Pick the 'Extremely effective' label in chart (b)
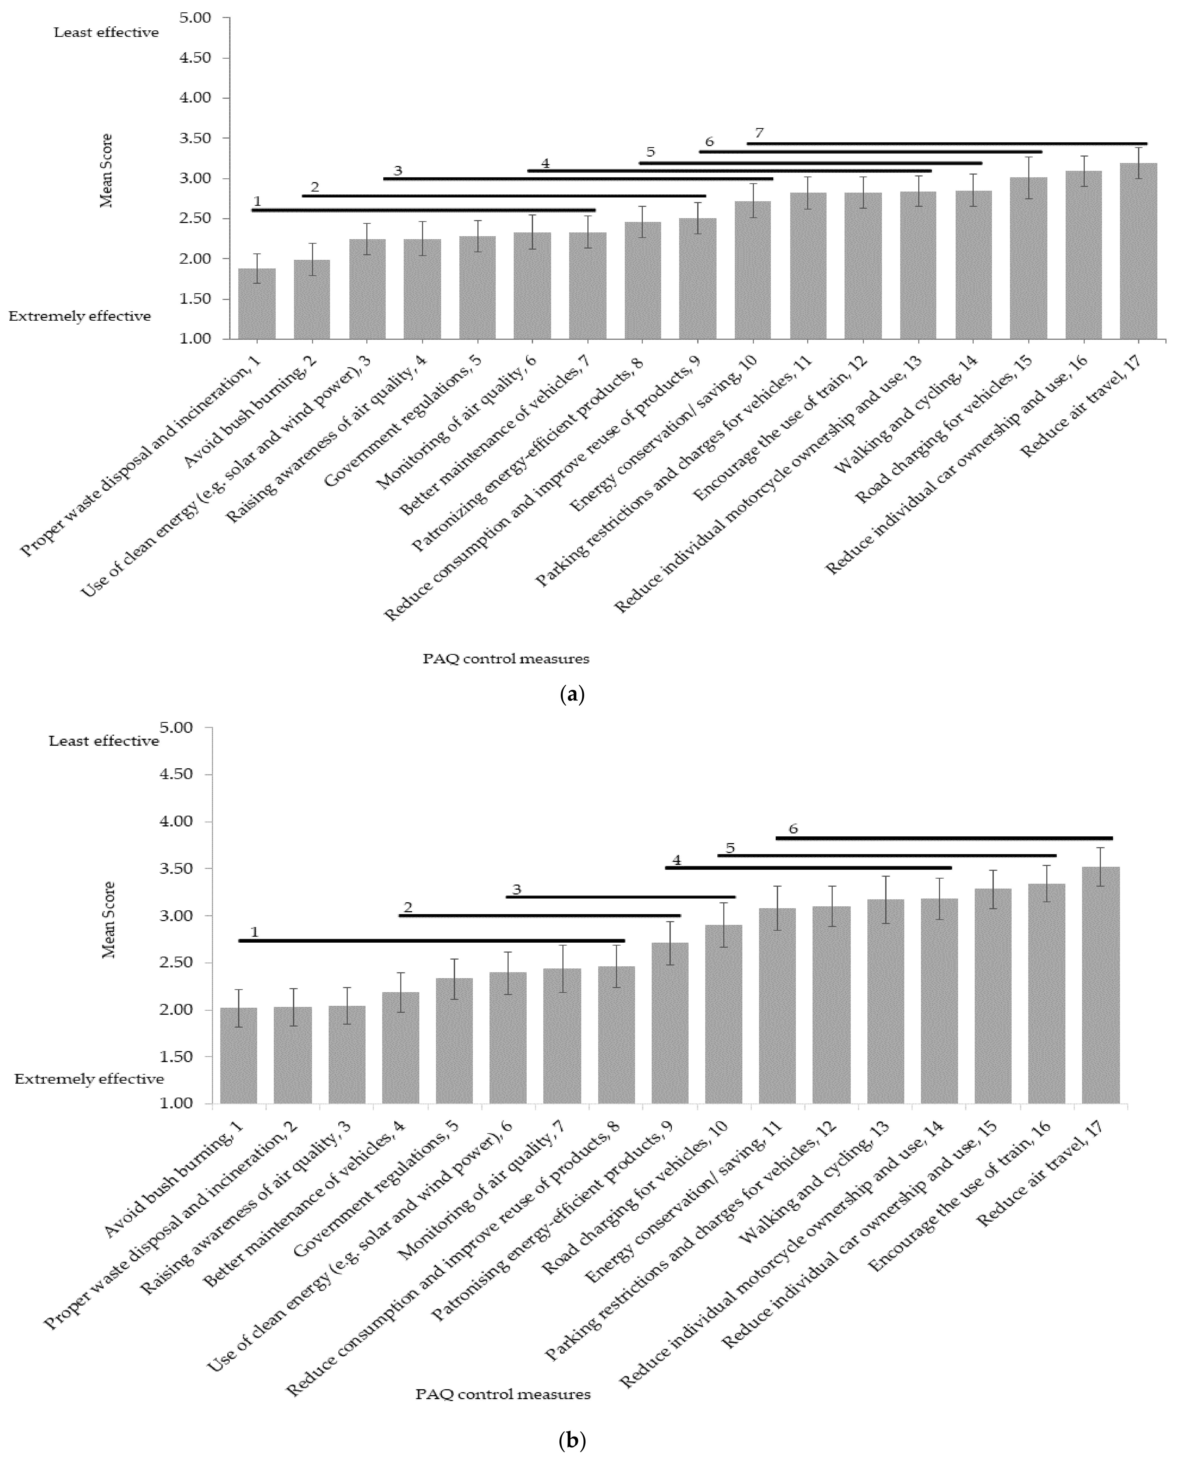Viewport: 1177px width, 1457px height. (89, 1079)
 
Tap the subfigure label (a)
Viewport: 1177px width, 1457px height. (571, 695)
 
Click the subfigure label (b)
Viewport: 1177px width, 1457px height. (571, 1435)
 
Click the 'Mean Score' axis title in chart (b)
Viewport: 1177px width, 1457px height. (108, 919)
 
